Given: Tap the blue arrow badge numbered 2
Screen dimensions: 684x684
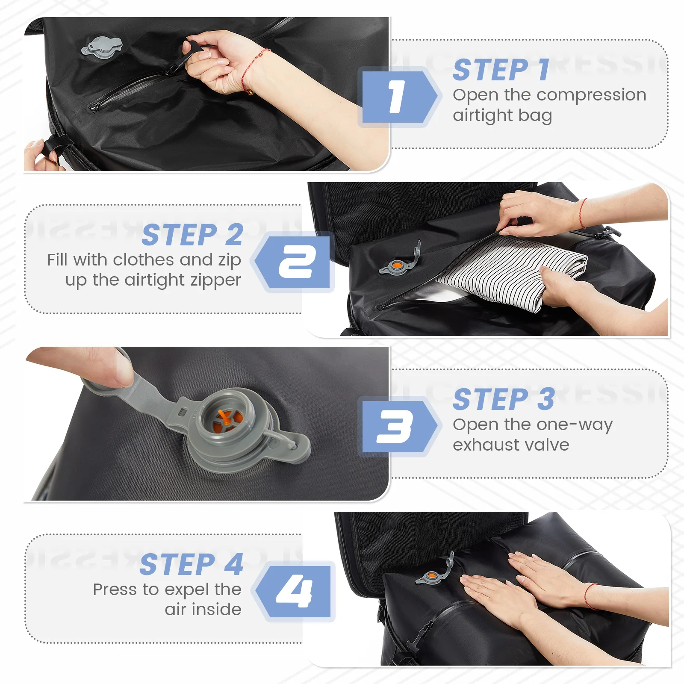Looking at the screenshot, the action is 293,262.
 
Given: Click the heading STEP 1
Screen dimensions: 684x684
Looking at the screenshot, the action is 501,70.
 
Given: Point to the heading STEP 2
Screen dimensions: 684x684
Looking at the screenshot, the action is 193,235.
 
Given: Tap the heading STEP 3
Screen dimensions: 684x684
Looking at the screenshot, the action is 504,399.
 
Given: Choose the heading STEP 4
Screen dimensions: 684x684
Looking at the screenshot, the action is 192,564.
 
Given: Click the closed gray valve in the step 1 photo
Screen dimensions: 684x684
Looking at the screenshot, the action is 102,47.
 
